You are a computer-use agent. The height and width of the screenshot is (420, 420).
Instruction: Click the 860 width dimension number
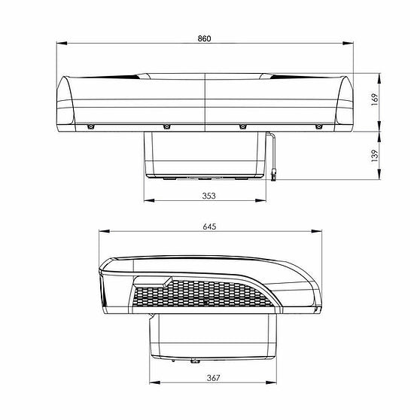205,38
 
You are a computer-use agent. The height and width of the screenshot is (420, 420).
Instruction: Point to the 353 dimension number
209,196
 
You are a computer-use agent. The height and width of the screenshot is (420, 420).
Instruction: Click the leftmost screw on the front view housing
90,126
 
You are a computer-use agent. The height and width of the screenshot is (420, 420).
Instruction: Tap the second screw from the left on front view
166,126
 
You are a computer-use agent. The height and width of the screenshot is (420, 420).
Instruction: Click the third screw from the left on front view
242,126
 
